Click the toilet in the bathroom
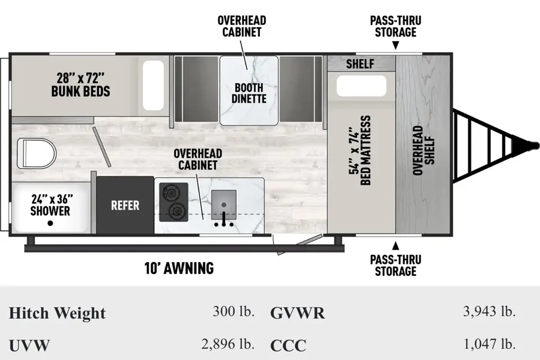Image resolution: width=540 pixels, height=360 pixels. pos(37,154)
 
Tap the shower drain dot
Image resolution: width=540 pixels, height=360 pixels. pos(50,223)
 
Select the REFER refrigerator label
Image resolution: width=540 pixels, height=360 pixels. pos(125,205)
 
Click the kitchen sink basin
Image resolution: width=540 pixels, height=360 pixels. pos(224,202)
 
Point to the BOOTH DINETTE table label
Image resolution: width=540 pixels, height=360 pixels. pos(249,93)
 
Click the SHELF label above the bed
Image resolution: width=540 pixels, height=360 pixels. pos(360,64)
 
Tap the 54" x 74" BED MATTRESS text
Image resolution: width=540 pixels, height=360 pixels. pos(361,151)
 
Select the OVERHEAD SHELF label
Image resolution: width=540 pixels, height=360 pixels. pos(423,150)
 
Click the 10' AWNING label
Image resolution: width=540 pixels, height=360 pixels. pos(179,268)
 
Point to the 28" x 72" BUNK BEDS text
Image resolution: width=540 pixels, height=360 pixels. pos(80,85)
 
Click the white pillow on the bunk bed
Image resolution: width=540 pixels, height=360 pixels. pos(153,85)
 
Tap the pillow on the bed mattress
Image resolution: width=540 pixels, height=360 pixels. pos(361,85)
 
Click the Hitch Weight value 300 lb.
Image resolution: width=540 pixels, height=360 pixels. pos(233,312)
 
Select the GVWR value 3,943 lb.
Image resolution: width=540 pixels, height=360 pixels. pos(489,312)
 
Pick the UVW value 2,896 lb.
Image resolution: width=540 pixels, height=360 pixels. pos(228,344)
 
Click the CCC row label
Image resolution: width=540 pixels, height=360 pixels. pos(288,345)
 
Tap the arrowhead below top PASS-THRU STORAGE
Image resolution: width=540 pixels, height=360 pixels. pos(395,45)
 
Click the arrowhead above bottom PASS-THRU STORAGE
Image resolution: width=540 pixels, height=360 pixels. pos(395,246)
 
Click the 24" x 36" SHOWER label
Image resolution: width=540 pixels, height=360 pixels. pos(51,205)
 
